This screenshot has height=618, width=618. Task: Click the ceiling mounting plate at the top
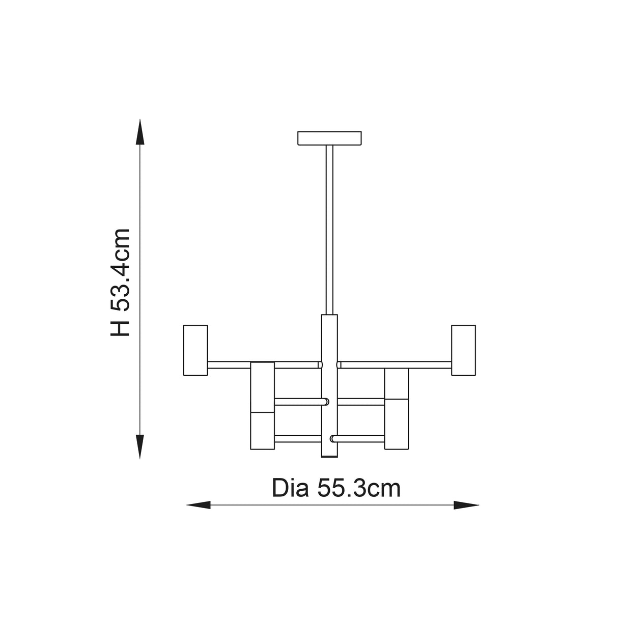329,138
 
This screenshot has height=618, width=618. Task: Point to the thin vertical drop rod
329,229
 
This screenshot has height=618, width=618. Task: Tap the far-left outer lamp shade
195,350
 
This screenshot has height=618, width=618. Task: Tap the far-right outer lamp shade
463,350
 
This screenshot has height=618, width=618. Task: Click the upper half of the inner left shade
262,387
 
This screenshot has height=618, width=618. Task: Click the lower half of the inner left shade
262,431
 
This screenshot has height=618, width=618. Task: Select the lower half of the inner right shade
397,431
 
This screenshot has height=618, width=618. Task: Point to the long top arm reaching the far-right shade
395,364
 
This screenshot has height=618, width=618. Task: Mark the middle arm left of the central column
299,402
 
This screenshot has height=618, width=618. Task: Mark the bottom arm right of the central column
358,438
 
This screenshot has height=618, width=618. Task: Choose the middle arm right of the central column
360,402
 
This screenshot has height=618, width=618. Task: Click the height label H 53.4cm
121,283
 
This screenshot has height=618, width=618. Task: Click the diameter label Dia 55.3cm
336,488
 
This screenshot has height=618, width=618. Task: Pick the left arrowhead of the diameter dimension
199,505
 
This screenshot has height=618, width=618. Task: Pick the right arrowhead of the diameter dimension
466,505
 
